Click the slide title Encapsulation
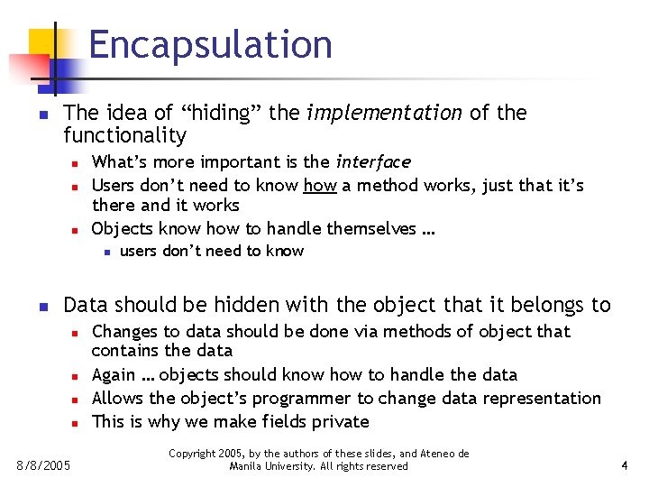(210, 44)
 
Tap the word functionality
(124, 136)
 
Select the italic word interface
(372, 162)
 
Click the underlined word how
(320, 186)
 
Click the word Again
(114, 374)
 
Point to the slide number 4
(624, 466)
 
